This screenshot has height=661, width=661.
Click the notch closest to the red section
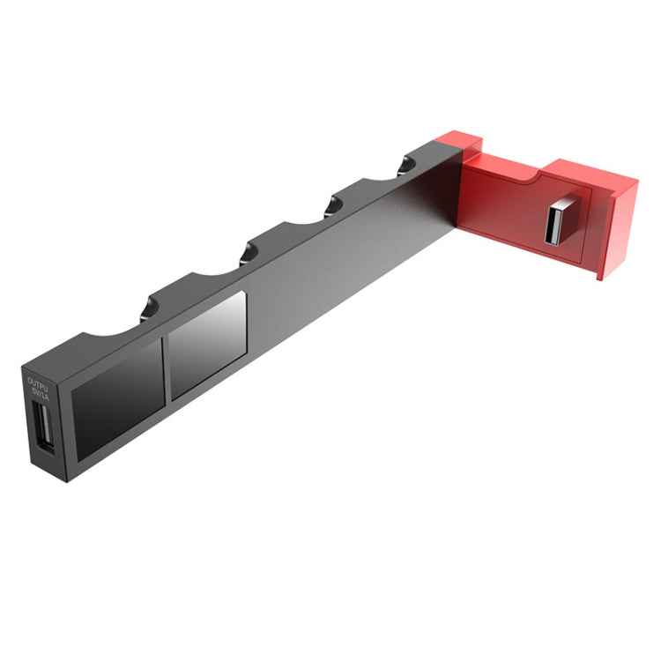click(x=406, y=164)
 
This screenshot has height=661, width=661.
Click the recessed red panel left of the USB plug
click(x=507, y=212)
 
